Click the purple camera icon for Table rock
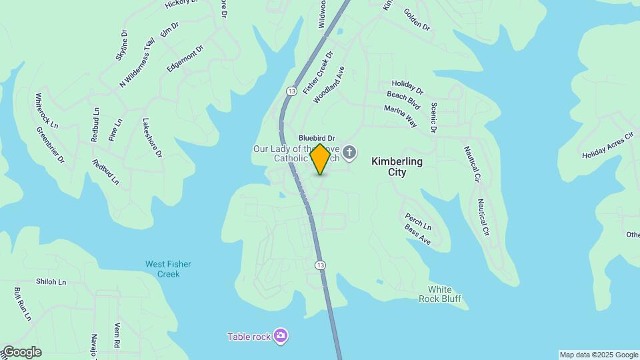281,336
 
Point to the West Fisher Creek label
168,269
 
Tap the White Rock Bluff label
440,294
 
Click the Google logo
21,352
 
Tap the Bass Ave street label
417,234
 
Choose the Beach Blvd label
403,100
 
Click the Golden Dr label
417,19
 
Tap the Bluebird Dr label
317,138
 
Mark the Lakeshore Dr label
152,137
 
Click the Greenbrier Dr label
50,145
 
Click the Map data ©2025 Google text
599,355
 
